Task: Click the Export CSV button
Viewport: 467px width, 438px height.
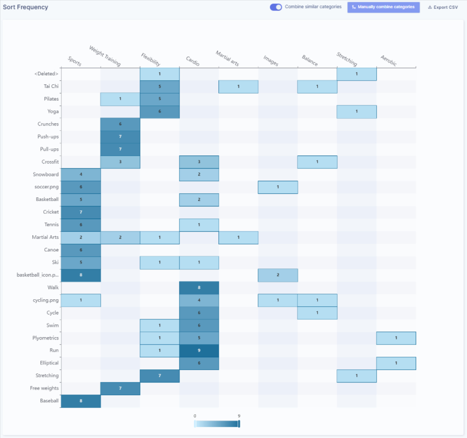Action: tap(443, 7)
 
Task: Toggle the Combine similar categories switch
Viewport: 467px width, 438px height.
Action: tap(276, 7)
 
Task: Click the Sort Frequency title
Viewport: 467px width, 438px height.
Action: tap(26, 7)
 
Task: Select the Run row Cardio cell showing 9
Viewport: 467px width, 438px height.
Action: tap(199, 351)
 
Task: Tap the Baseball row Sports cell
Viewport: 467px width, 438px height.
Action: tap(81, 401)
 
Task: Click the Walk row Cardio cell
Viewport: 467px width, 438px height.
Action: tap(199, 288)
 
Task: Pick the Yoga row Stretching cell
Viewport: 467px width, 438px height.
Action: tap(357, 112)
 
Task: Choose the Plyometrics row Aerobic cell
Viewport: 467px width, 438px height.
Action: tap(396, 338)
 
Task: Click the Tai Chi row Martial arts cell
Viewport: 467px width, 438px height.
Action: tap(239, 87)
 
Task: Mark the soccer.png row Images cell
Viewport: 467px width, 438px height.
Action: tap(278, 187)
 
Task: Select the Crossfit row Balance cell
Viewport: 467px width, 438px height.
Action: tap(317, 162)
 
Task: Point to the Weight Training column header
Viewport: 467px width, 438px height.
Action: tap(105, 56)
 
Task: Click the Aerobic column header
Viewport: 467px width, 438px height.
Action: tap(388, 61)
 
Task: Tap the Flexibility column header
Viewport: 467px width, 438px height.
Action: tap(151, 60)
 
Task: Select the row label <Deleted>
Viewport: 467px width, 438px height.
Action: tap(46, 74)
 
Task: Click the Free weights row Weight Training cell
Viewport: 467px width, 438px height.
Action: tap(120, 389)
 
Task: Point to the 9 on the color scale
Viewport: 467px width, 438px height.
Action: tap(239, 416)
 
